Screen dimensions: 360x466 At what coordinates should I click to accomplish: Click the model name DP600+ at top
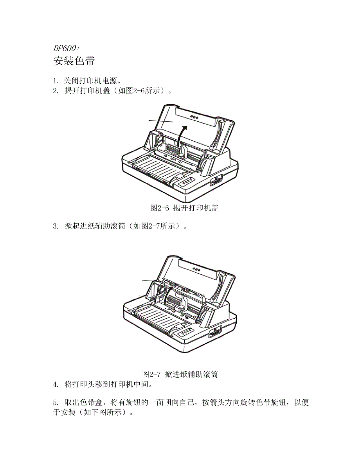tap(67, 48)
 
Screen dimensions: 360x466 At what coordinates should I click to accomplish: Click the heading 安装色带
tap(74, 61)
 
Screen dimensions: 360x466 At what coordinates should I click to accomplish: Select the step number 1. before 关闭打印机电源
tap(56, 81)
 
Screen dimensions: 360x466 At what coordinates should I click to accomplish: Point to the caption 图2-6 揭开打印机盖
tap(184, 208)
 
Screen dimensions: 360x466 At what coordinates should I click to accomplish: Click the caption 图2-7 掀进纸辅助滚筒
tap(180, 374)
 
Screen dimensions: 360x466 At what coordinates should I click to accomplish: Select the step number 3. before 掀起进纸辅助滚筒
tap(56, 226)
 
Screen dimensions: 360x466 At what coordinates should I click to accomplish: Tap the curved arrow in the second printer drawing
tap(167, 296)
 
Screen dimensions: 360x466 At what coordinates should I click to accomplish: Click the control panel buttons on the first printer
tap(187, 182)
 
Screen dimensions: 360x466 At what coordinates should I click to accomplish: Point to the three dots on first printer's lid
tap(194, 117)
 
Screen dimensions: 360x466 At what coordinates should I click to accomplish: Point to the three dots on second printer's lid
tap(196, 269)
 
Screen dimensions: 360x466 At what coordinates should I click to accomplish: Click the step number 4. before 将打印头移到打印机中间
tap(56, 385)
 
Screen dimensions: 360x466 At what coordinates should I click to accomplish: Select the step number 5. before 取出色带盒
tap(56, 403)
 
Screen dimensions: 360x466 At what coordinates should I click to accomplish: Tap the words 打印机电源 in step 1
tap(98, 81)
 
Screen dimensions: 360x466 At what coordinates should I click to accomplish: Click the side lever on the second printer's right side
tap(215, 332)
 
